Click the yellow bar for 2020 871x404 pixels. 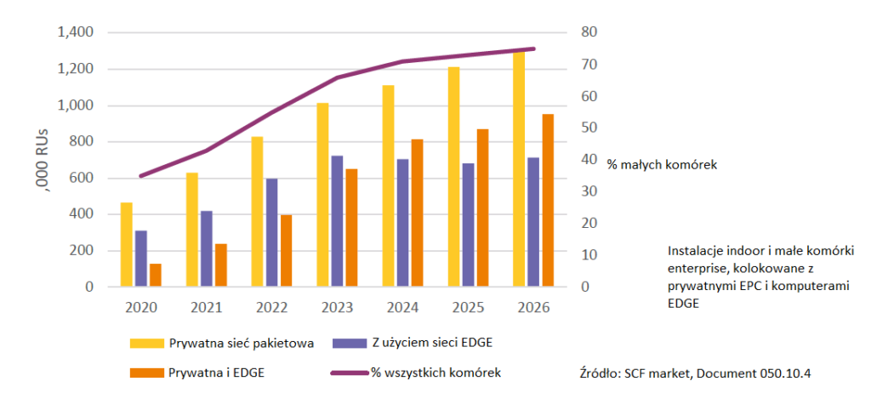127,244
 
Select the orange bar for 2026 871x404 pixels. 548,200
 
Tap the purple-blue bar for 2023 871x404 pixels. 337,221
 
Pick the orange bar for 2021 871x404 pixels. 221,265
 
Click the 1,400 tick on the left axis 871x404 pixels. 75,32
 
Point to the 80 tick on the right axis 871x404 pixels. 590,32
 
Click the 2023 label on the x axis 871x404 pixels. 337,306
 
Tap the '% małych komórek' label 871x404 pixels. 662,163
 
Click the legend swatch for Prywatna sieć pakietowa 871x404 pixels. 146,344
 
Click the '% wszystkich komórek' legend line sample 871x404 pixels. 349,373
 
